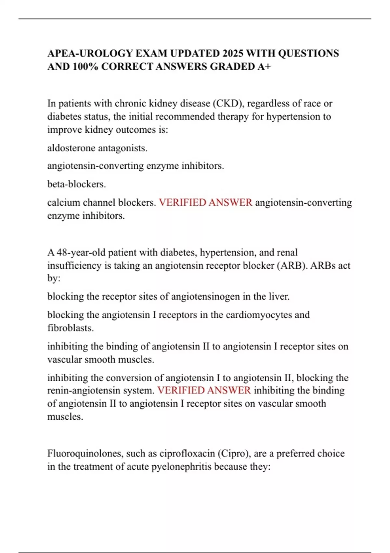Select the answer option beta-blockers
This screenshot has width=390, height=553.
click(x=77, y=184)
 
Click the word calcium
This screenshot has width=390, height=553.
click(x=64, y=203)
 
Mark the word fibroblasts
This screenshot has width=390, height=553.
click(x=71, y=328)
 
